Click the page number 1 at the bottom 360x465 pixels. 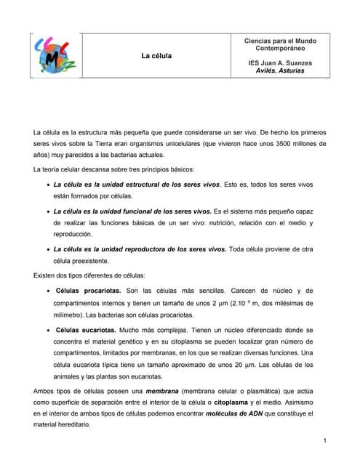[x=324, y=442]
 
